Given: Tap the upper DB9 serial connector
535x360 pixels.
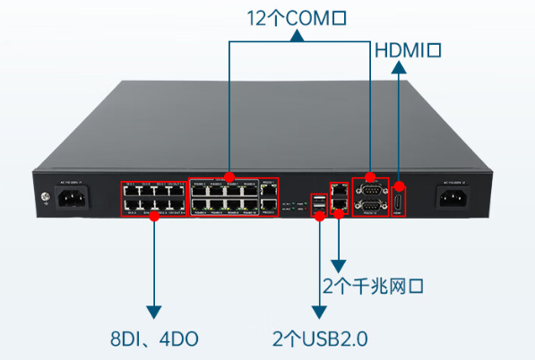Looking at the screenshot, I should coord(370,189).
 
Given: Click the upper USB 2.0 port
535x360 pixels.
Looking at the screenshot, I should coord(319,200).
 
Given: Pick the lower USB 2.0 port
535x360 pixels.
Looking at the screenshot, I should coord(319,212).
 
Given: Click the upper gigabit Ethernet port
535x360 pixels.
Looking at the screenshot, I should coord(340,190).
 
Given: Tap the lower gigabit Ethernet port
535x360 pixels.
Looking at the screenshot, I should coord(340,205).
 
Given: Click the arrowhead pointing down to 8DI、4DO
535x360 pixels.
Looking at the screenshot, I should coord(155,311).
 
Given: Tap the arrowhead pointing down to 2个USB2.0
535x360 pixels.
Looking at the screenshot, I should coord(319,311).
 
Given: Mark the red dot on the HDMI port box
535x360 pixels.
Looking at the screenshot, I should coord(400,185).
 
